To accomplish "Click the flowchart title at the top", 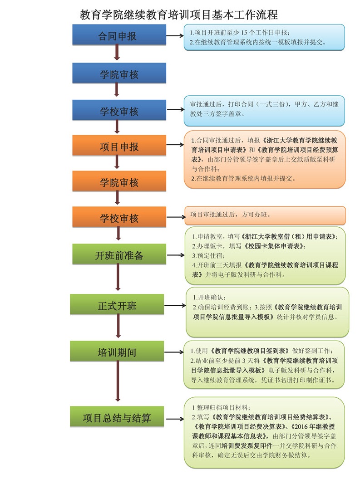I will coord(178,15).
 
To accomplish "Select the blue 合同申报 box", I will coord(117,35).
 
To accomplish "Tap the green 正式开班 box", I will coord(117,305).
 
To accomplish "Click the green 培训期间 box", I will coord(117,352).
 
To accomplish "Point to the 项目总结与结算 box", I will coord(117,417).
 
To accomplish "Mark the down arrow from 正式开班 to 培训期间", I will coord(118,327).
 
